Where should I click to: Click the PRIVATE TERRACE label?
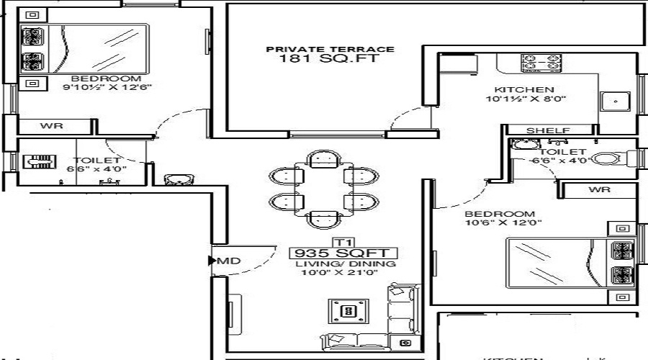pyautogui.click(x=330, y=49)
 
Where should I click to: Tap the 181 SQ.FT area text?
pyautogui.click(x=330, y=59)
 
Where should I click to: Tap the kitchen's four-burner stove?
pyautogui.click(x=541, y=63)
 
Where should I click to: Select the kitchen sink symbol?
pyautogui.click(x=616, y=102)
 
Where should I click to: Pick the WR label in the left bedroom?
pyautogui.click(x=51, y=126)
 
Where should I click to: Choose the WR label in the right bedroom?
pyautogui.click(x=599, y=190)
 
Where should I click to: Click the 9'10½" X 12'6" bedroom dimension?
pyautogui.click(x=107, y=88)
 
